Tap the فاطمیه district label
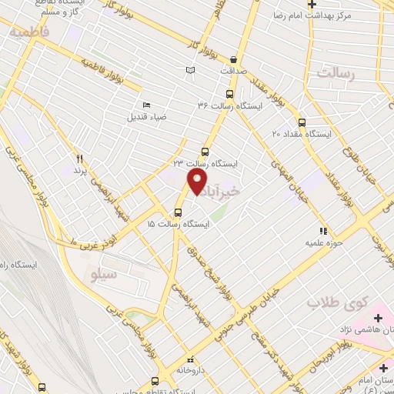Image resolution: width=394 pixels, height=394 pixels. click(x=28, y=35)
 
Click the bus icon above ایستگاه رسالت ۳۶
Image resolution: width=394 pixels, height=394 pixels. click(x=239, y=92)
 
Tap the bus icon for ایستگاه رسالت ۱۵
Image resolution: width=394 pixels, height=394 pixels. click(x=179, y=212)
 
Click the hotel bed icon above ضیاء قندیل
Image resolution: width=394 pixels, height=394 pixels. click(x=146, y=105)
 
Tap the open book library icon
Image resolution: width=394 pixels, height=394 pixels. click(x=190, y=71)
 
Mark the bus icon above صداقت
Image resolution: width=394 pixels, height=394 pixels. click(x=232, y=58)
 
